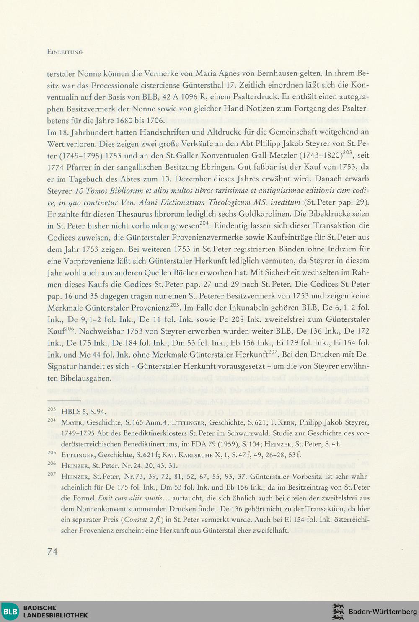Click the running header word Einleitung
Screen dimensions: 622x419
(x=65, y=52)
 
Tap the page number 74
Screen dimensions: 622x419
(x=53, y=552)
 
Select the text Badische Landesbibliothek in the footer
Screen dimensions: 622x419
(x=55, y=612)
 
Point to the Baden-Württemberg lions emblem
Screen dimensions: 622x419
(x=338, y=612)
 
